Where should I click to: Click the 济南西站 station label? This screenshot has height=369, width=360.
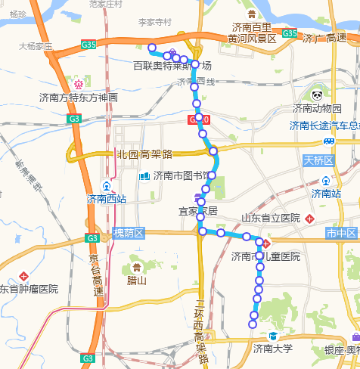pos(107,200)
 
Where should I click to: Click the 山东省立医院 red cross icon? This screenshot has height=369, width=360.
pos(311,219)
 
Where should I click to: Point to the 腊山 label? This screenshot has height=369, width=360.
pos(136,280)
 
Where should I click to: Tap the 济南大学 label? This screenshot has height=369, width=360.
pos(272,349)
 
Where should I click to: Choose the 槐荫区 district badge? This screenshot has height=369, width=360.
pos(128,233)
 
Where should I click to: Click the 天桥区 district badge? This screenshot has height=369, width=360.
pos(318,160)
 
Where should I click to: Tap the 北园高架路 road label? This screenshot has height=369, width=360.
pos(144,154)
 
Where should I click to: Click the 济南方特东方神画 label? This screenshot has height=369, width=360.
pos(79,98)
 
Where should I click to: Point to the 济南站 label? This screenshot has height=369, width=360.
pos(327,194)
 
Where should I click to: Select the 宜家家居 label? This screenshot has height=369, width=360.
pos(197,210)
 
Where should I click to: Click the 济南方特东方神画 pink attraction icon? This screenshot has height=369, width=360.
pos(78,82)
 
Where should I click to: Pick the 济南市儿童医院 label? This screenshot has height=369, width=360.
pos(265,256)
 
